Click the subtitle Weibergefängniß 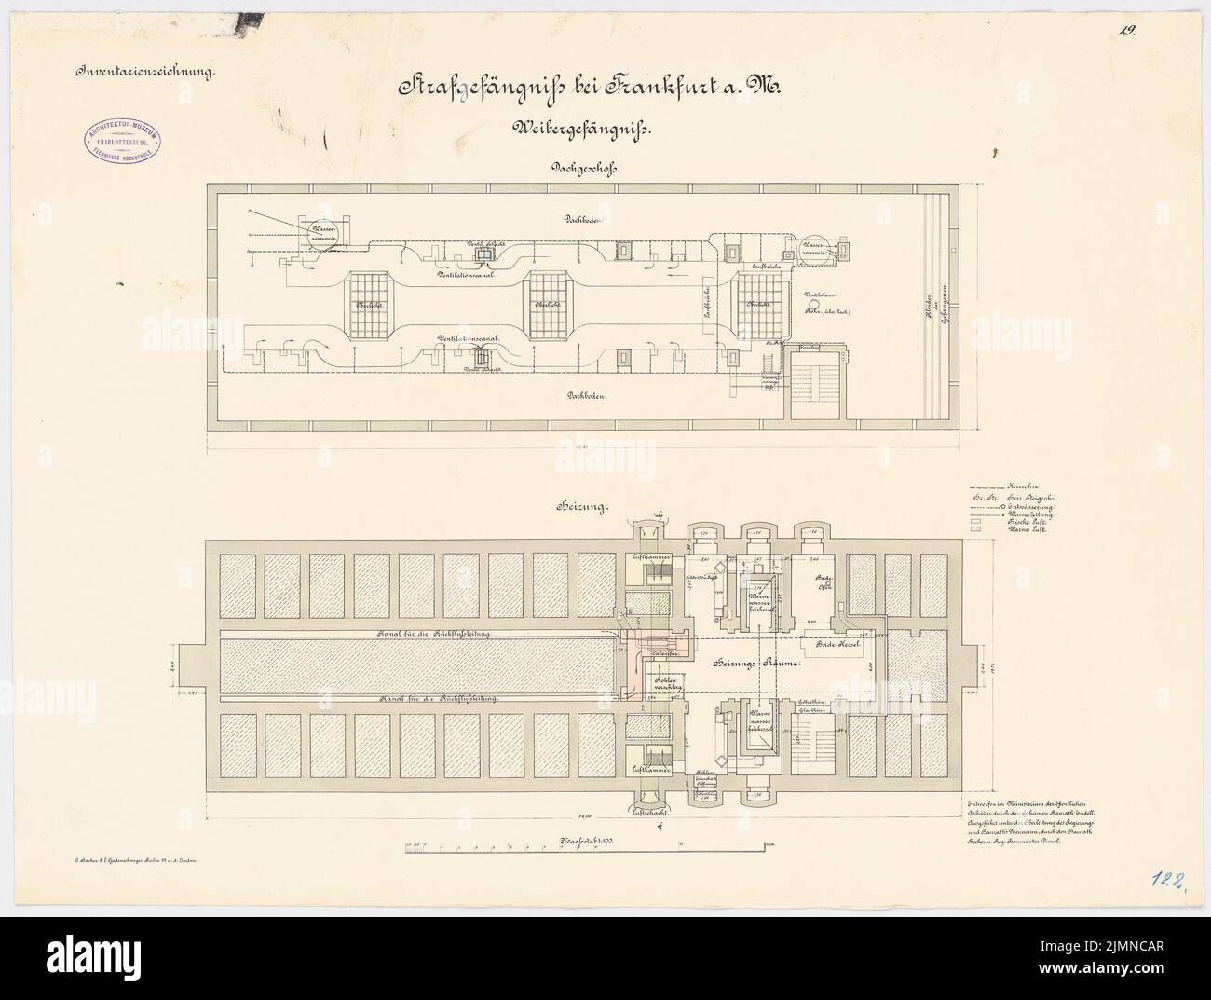point(588,130)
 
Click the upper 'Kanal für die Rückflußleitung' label point(437,633)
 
